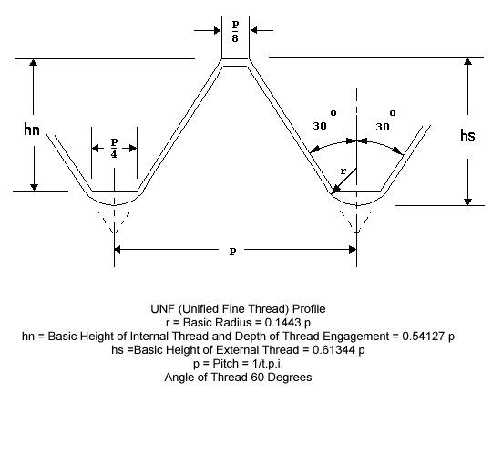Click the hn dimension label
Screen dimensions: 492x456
pyautogui.click(x=32, y=130)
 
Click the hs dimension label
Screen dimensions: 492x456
pyautogui.click(x=467, y=136)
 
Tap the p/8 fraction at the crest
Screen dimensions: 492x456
pyautogui.click(x=235, y=31)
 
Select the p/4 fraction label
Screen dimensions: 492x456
pyautogui.click(x=114, y=148)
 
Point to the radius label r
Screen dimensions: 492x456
pyautogui.click(x=343, y=171)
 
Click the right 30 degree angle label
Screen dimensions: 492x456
pyautogui.click(x=385, y=121)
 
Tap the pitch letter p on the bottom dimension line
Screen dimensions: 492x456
pyautogui.click(x=232, y=252)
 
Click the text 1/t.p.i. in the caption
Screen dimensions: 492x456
pyautogui.click(x=268, y=364)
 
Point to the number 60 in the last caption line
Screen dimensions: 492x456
pyautogui.click(x=258, y=378)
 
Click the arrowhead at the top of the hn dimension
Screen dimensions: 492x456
pyautogui.click(x=34, y=62)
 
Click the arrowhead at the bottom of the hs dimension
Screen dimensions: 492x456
pyautogui.click(x=467, y=202)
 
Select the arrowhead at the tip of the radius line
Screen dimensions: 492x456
pyautogui.click(x=335, y=190)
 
